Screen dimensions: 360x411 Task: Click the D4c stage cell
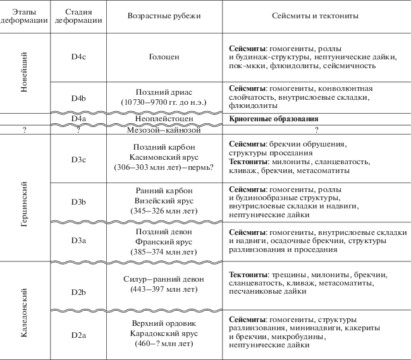[78, 57]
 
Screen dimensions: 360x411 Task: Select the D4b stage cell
[78, 98]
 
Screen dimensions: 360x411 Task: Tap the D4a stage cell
[78, 119]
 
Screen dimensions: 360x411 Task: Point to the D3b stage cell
[78, 201]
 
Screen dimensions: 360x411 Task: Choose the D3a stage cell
[78, 241]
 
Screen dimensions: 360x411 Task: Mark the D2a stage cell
[78, 333]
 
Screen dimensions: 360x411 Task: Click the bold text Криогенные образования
[273, 119]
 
